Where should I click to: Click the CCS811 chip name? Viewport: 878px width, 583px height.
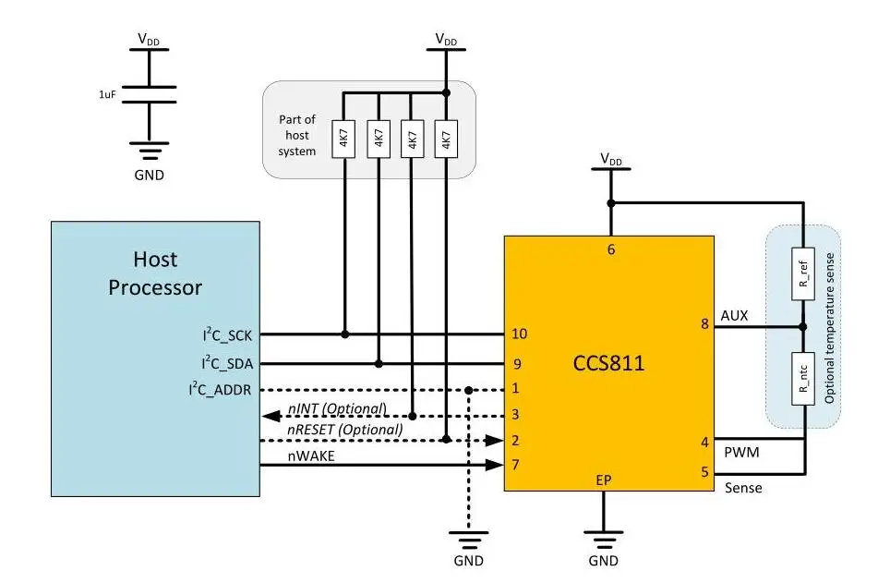click(608, 363)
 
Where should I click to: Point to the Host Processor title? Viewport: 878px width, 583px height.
click(155, 273)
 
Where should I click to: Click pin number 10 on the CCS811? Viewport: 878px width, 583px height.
click(520, 334)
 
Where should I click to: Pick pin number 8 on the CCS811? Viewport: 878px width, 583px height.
click(705, 325)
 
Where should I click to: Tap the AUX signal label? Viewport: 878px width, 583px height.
click(735, 316)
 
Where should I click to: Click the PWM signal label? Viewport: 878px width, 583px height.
click(742, 454)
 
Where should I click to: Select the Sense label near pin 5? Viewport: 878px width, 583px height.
click(744, 487)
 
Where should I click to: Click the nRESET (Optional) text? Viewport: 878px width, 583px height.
click(345, 429)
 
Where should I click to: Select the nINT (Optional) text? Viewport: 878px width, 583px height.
click(336, 407)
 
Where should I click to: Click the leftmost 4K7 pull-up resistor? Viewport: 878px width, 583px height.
click(343, 139)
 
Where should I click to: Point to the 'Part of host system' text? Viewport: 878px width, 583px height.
click(297, 135)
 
